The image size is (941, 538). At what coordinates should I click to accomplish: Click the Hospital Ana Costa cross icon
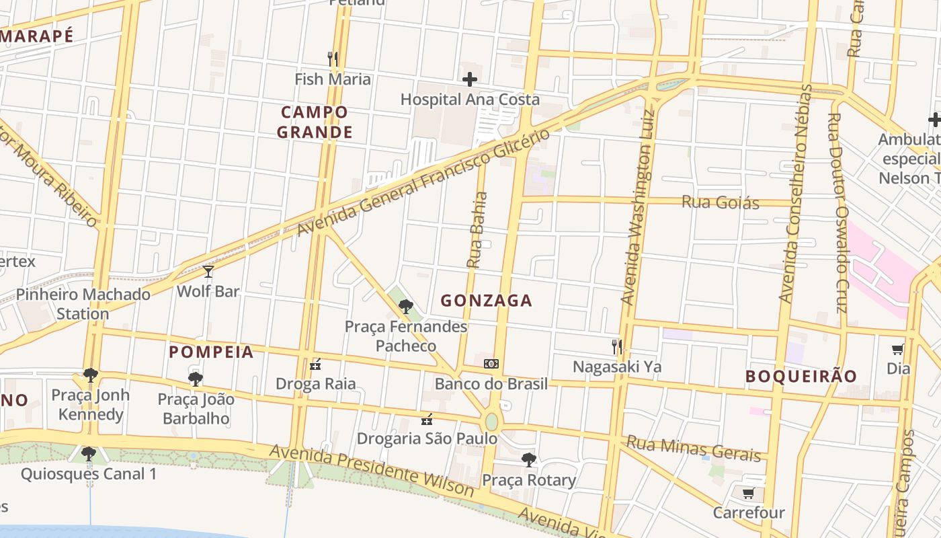[470, 80]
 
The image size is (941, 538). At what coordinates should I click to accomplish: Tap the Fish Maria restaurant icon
[332, 59]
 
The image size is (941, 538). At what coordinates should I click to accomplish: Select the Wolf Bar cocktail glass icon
[208, 272]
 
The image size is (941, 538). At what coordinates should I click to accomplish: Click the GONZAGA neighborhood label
[486, 301]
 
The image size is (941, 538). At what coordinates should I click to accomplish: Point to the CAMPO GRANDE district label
[315, 122]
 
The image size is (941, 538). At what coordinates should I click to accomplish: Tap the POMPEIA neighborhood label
[211, 352]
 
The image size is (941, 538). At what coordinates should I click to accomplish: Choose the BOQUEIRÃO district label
[801, 376]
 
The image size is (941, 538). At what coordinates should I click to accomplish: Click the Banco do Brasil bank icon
[491, 364]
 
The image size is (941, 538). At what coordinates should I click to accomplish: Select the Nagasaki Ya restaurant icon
[616, 347]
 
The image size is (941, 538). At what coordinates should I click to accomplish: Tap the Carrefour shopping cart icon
[748, 493]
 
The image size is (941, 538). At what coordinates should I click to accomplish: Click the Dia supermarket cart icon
[897, 349]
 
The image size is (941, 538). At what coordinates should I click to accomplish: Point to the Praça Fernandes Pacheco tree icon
[405, 307]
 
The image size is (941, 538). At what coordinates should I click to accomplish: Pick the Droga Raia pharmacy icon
[315, 364]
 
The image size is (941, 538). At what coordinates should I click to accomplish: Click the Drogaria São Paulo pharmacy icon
[426, 420]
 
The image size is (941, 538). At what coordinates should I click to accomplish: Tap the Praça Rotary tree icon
[529, 460]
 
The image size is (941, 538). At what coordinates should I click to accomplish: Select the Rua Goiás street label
[720, 202]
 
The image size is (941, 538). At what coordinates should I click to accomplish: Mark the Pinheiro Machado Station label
[83, 304]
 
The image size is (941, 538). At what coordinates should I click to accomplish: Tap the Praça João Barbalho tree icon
[196, 379]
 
